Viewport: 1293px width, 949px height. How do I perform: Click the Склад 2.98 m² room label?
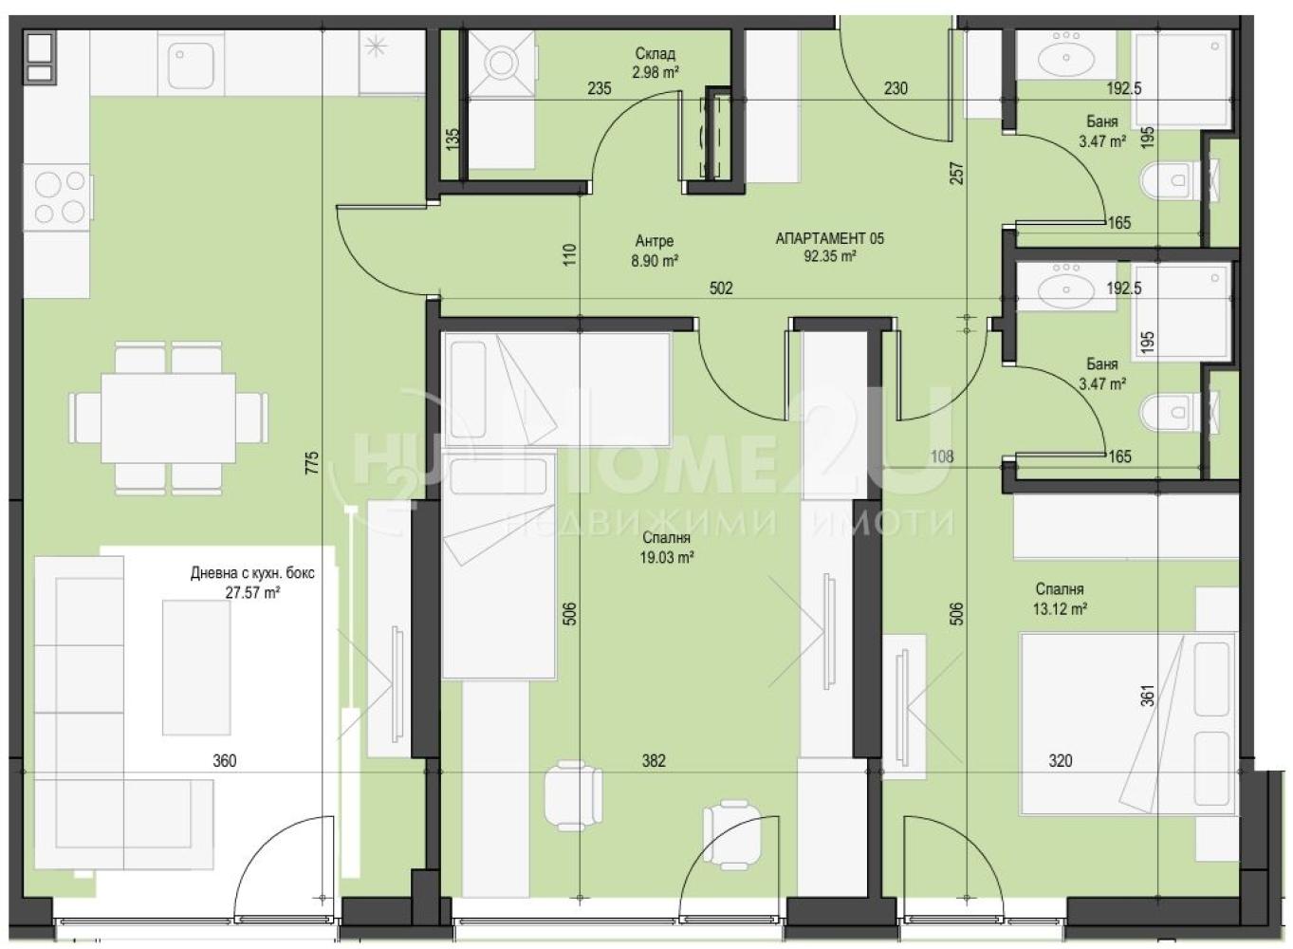(656, 63)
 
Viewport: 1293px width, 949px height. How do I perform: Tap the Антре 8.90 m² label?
(654, 251)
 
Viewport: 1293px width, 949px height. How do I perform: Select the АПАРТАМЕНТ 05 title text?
(829, 238)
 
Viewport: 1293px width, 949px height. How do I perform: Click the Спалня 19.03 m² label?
(666, 548)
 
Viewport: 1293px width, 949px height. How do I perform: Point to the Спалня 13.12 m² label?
(1061, 599)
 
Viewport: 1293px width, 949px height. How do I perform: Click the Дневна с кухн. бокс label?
(253, 573)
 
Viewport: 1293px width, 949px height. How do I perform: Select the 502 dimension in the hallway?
(721, 288)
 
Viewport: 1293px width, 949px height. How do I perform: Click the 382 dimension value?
(654, 761)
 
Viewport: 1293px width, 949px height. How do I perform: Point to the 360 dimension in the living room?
(225, 761)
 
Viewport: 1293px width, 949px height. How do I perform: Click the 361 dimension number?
(1149, 695)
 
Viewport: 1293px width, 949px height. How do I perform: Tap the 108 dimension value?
(943, 456)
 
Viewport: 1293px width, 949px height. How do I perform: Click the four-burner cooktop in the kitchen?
(58, 197)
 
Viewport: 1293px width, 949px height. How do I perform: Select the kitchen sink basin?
(187, 60)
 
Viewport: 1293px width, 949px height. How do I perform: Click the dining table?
(169, 419)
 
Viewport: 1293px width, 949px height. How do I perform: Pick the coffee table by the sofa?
(196, 667)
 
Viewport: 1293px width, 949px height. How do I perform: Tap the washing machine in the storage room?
(500, 63)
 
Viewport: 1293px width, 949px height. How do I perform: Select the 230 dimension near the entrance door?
(896, 88)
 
